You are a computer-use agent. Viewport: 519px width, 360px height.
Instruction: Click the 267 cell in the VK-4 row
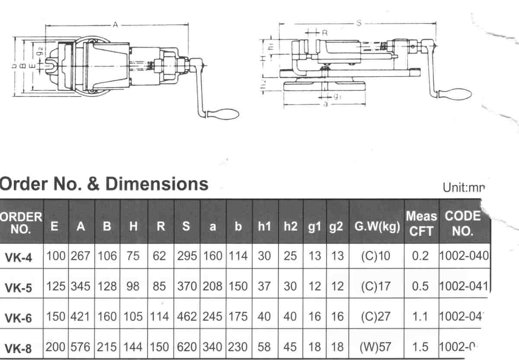tap(81, 256)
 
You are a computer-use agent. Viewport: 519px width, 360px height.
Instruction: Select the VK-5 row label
tap(19, 287)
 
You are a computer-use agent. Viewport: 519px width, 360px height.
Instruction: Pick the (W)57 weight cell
tap(375, 347)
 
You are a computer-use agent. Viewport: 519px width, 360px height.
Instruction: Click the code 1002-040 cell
tap(464, 256)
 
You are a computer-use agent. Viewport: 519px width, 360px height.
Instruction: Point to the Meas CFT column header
tap(421, 223)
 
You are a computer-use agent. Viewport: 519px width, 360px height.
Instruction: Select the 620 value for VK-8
tap(187, 347)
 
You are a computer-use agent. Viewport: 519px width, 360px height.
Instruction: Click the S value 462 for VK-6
tap(187, 317)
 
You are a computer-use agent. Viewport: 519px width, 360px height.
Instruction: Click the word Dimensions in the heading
tap(157, 184)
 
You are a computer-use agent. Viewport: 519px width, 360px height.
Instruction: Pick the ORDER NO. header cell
tap(21, 222)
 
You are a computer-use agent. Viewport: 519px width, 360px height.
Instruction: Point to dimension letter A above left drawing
tap(115, 25)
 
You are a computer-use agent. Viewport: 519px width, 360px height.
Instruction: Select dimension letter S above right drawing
tap(359, 24)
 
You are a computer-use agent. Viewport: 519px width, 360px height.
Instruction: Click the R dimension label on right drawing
tap(325, 33)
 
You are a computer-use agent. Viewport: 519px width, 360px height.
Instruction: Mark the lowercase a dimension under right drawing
tap(325, 104)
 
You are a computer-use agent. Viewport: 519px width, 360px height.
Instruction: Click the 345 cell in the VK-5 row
tap(81, 286)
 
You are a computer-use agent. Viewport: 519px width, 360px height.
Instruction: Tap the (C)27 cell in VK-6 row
tap(375, 317)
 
